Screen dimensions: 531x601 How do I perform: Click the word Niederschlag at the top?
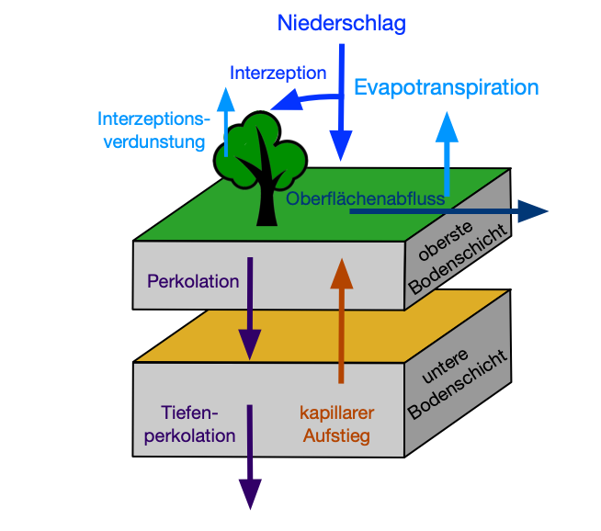pyautogui.click(x=341, y=24)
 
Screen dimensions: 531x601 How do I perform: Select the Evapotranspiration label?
pyautogui.click(x=446, y=87)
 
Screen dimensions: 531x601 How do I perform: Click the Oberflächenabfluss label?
pyautogui.click(x=366, y=198)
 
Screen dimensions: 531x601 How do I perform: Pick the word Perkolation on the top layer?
pyautogui.click(x=193, y=281)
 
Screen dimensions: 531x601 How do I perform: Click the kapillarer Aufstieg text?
pyautogui.click(x=338, y=424)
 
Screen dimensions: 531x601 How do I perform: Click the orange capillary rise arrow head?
pyautogui.click(x=341, y=273)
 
